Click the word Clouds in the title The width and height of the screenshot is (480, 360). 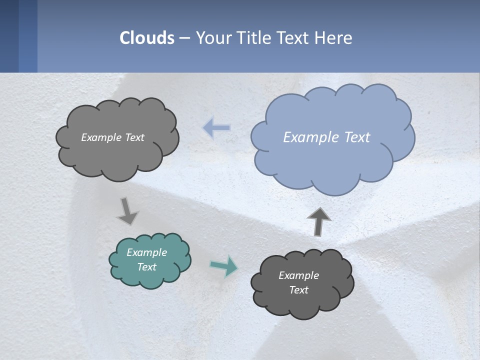(x=147, y=38)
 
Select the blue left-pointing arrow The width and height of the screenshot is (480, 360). (x=216, y=128)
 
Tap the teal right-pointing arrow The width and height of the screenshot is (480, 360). (x=223, y=266)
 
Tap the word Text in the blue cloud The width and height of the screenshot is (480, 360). (x=357, y=137)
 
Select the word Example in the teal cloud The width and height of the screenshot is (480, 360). (x=146, y=252)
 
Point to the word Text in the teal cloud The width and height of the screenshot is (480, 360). (x=146, y=267)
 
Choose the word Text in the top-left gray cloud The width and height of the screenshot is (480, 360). (x=134, y=137)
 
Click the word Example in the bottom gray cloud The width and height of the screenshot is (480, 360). (x=298, y=275)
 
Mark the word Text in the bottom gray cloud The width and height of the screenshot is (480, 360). (x=298, y=290)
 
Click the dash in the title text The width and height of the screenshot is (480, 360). (x=184, y=38)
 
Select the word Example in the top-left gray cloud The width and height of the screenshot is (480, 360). (x=101, y=137)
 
